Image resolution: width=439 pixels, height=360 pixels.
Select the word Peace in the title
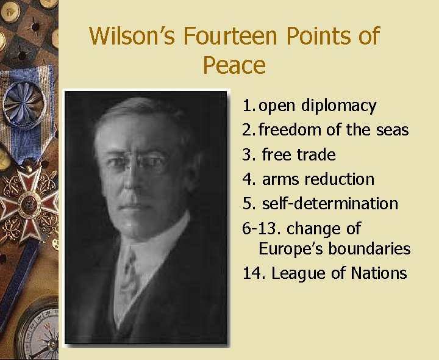pos(234,65)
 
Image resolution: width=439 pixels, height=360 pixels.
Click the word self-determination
pos(330,204)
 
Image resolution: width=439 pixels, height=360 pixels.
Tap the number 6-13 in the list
pos(261,229)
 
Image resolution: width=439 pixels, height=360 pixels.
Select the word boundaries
pos(371,249)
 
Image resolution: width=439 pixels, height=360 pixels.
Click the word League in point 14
pos(299,273)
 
